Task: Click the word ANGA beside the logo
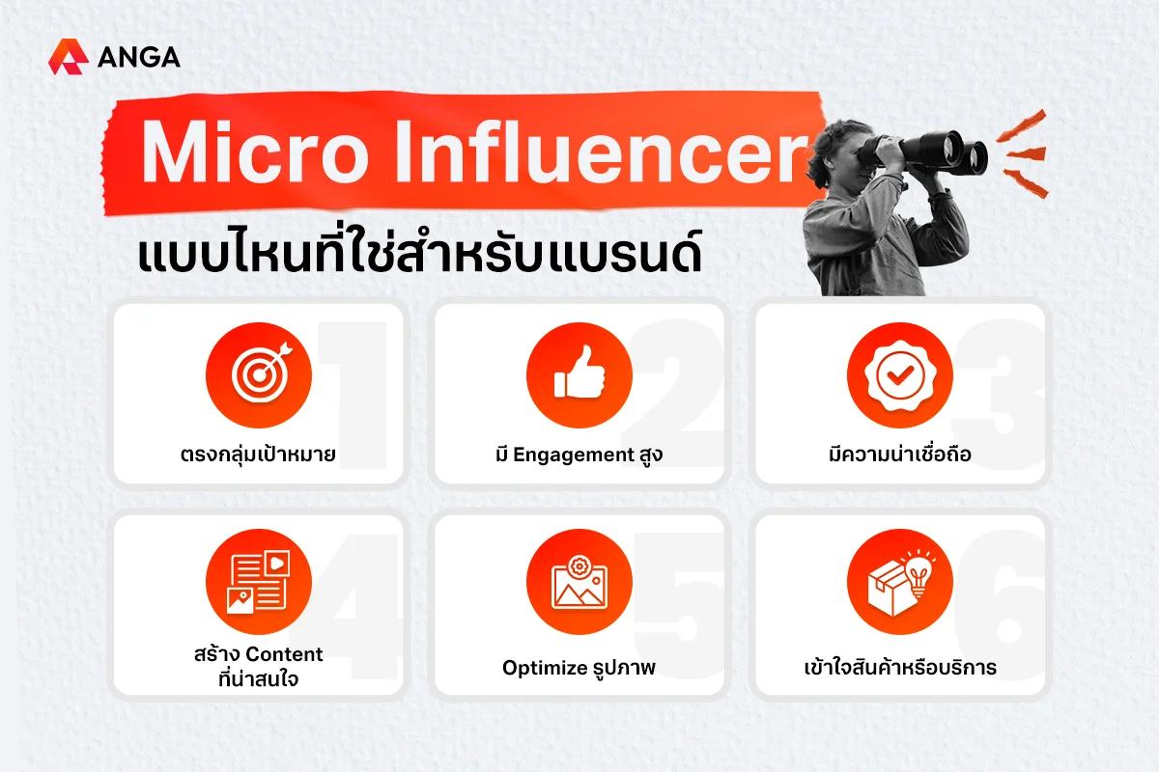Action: coord(139,57)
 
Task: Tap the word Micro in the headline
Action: coord(255,152)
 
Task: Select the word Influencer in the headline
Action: coord(600,151)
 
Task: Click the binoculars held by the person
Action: coord(926,150)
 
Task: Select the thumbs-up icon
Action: coord(579,374)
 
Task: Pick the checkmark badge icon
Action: coord(900,374)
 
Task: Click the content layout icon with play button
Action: coord(259,582)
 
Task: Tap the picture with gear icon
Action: coord(579,582)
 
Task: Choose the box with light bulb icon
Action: coord(900,582)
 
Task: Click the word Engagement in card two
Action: coord(574,455)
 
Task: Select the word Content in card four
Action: coord(284,654)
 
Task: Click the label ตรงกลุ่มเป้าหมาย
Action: coord(258,455)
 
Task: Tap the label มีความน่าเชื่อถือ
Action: coord(900,454)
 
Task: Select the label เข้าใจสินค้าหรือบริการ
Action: coord(900,667)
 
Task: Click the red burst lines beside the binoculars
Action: coord(1025,153)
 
